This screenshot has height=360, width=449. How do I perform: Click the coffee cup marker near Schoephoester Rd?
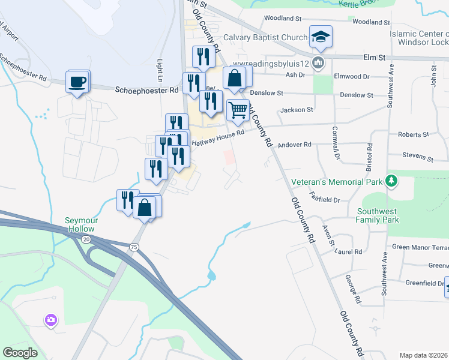click(77, 82)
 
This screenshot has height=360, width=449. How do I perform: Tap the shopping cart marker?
click(238, 110)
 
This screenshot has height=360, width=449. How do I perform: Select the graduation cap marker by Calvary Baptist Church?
click(321, 37)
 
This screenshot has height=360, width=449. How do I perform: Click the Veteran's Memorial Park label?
click(336, 182)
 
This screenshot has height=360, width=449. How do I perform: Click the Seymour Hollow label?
click(80, 225)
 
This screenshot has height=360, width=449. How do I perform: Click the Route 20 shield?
click(86, 239)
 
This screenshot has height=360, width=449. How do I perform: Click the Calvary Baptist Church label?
click(265, 37)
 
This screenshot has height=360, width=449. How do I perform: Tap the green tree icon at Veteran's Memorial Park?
click(391, 181)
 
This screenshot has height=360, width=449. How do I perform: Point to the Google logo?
click(20, 353)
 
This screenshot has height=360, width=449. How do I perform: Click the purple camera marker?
click(51, 320)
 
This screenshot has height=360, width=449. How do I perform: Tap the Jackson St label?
click(297, 110)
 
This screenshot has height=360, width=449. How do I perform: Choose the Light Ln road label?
click(160, 71)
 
